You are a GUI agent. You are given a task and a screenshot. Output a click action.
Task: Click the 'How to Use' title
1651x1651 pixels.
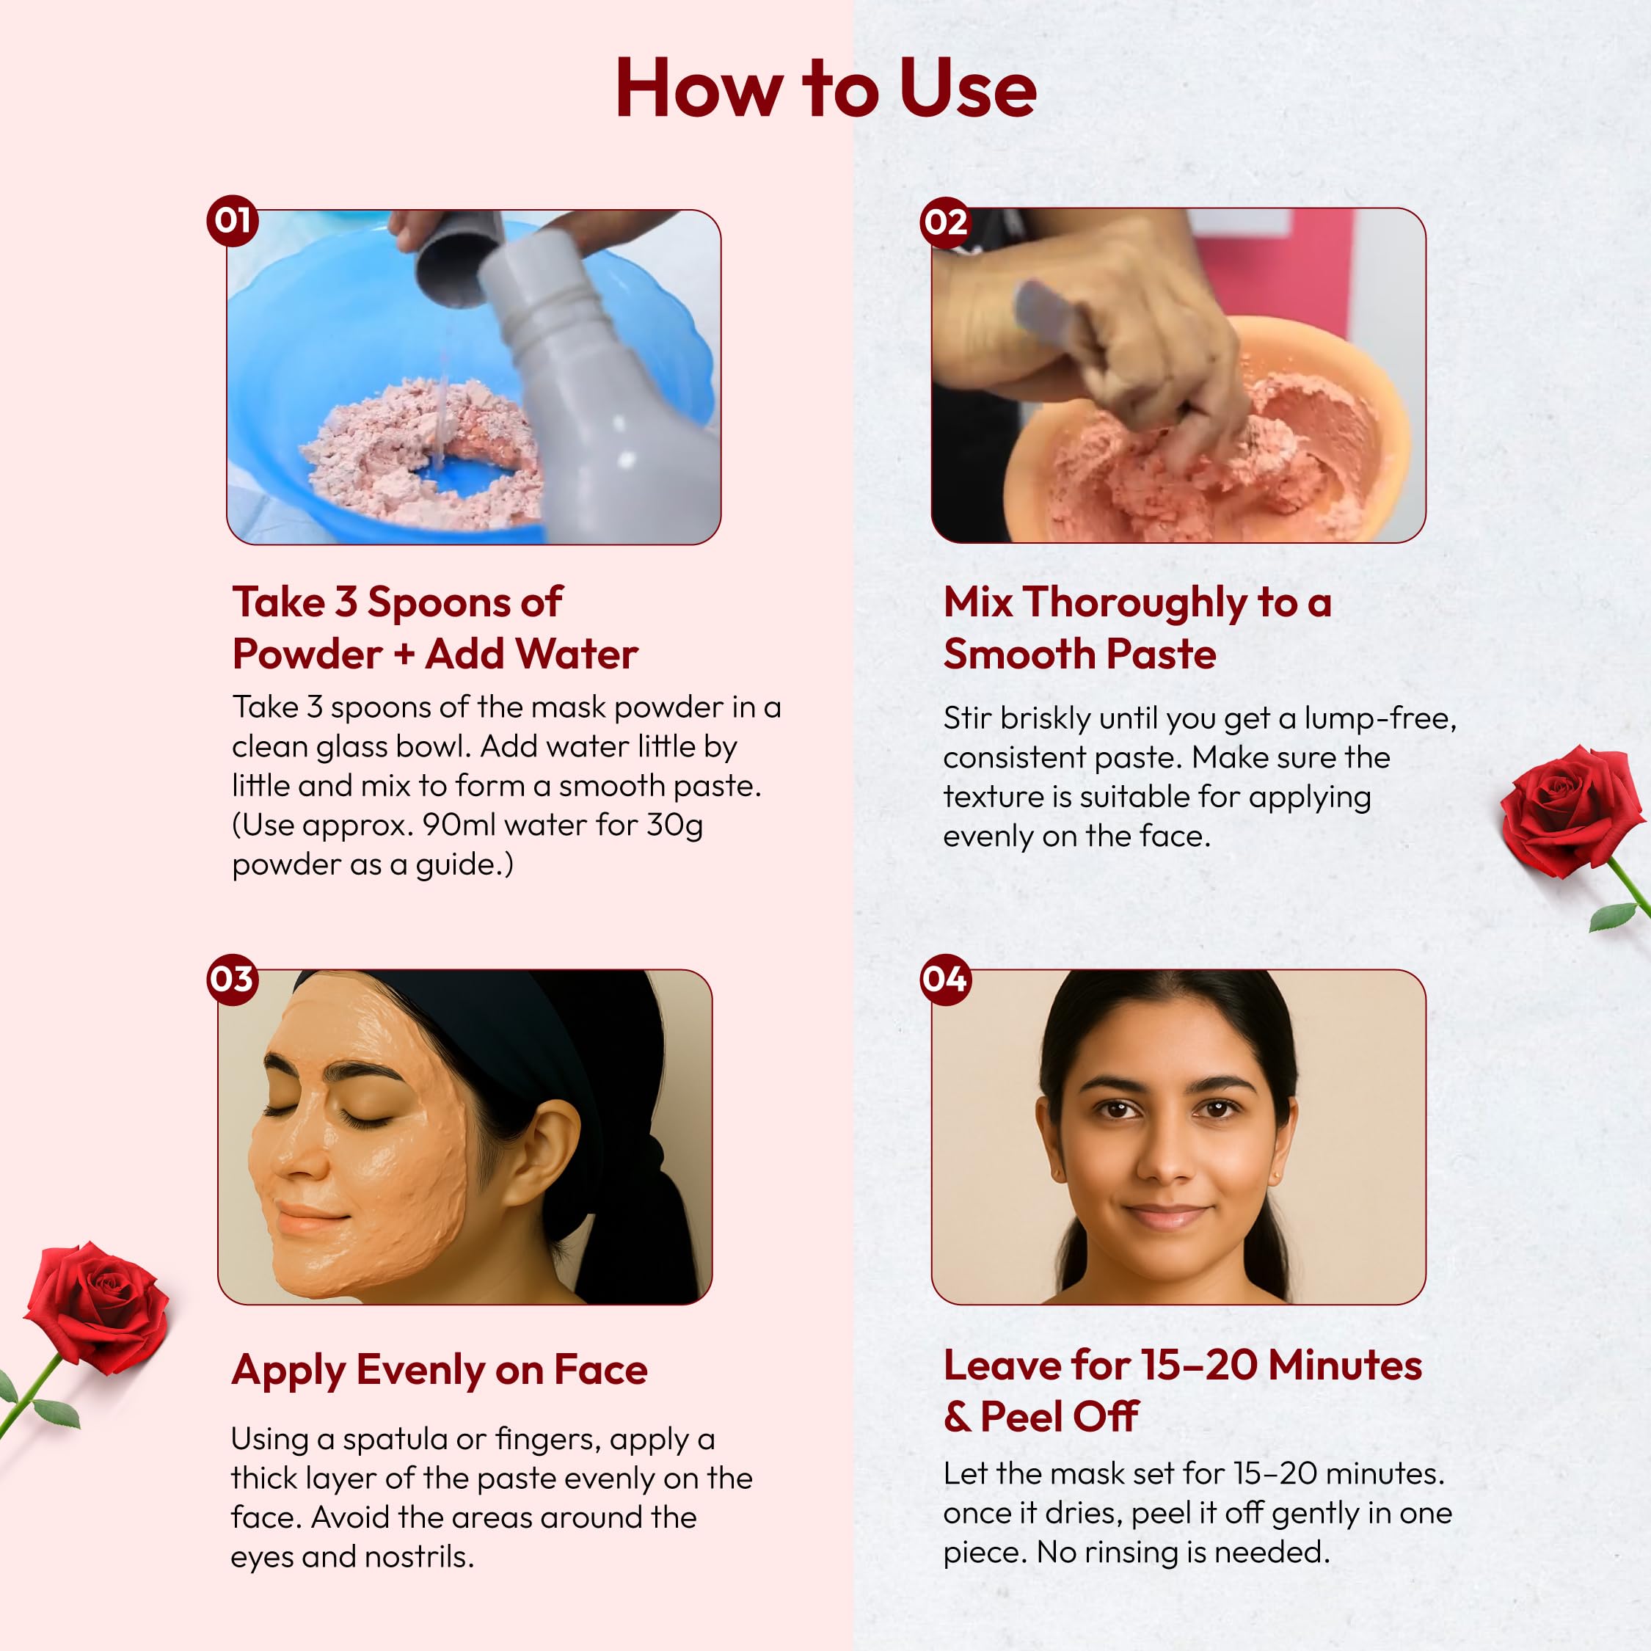[x=825, y=88]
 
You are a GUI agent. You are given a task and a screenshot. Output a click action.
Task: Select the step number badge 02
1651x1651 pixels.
[x=946, y=222]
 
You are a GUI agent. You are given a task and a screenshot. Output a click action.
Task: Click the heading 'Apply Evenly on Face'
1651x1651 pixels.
[x=440, y=1370]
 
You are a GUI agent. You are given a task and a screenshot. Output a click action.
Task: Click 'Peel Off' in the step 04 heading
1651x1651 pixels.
[x=1060, y=1417]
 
